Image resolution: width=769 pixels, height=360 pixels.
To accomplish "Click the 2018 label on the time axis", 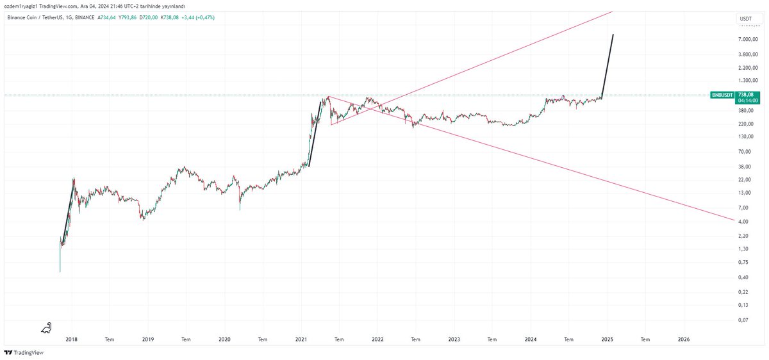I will (x=72, y=339).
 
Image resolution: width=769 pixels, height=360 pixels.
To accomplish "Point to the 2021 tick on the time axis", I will (x=301, y=339).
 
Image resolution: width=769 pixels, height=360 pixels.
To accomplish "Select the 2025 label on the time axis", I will (x=608, y=339).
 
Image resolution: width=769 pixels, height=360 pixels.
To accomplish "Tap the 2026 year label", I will (x=684, y=339).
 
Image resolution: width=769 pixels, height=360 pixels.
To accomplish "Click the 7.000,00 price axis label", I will (x=748, y=40).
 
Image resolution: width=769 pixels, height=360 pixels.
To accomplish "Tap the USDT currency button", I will (x=746, y=19).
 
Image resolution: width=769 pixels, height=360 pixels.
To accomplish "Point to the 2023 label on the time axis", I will (x=454, y=339).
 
